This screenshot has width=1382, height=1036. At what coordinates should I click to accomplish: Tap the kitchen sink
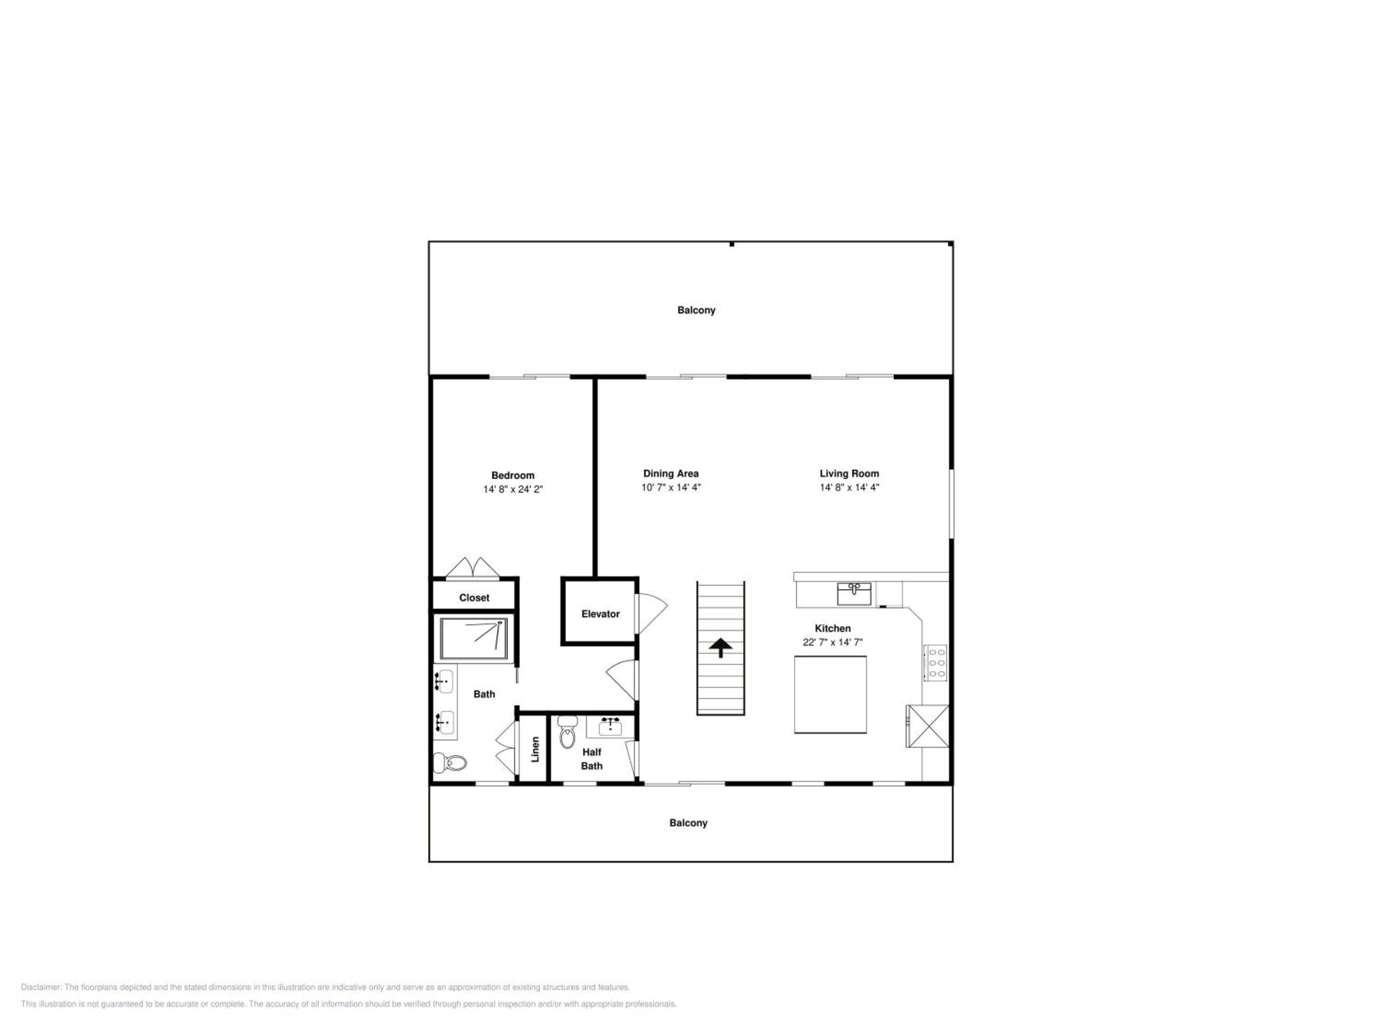pyautogui.click(x=854, y=593)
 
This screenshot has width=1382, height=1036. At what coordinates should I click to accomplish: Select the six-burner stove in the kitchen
pyautogui.click(x=936, y=663)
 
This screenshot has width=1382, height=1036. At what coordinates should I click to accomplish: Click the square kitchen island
pyautogui.click(x=830, y=694)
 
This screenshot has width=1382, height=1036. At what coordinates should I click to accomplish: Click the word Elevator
pyautogui.click(x=600, y=614)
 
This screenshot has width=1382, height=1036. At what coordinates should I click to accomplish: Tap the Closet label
pyautogui.click(x=474, y=598)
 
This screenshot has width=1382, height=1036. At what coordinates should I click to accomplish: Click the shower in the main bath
pyautogui.click(x=474, y=638)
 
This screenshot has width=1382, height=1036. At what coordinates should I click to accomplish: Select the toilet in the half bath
pyautogui.click(x=567, y=731)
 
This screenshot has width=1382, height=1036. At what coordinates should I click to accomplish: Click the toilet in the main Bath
pyautogui.click(x=450, y=762)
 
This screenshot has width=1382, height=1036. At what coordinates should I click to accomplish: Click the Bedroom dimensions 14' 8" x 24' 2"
pyautogui.click(x=513, y=489)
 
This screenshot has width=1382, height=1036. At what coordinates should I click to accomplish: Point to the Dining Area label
pyautogui.click(x=671, y=473)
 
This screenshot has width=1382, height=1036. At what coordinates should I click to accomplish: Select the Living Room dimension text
pyautogui.click(x=849, y=487)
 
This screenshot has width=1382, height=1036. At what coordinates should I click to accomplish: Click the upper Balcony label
pyautogui.click(x=697, y=310)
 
